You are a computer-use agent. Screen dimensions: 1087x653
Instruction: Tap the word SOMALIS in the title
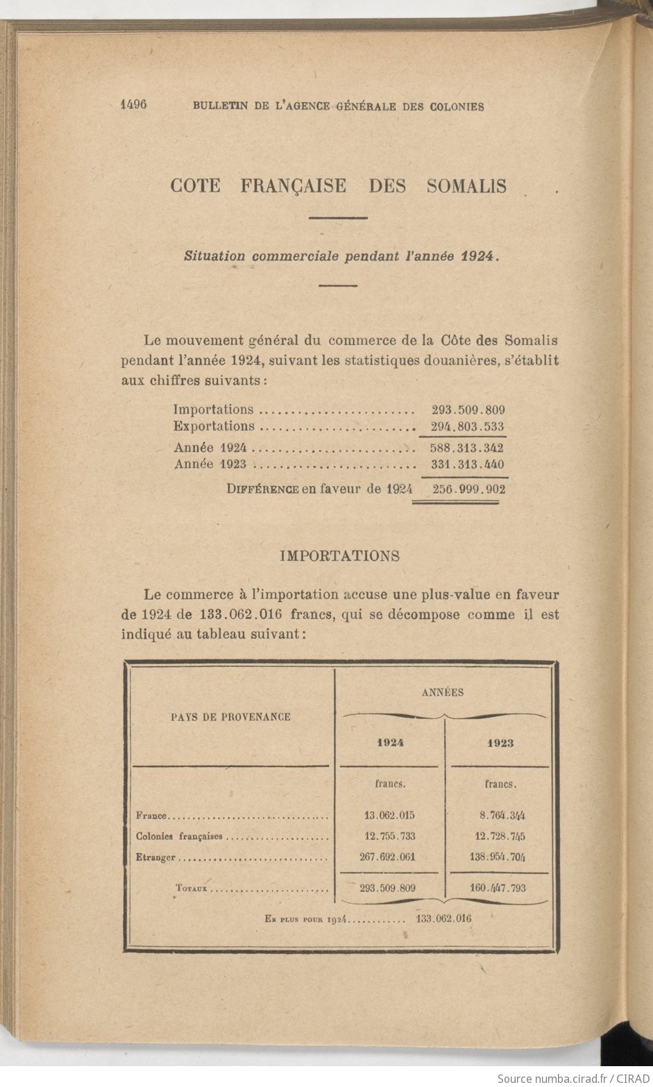(x=466, y=186)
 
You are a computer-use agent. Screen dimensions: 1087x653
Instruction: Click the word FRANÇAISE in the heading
(x=294, y=186)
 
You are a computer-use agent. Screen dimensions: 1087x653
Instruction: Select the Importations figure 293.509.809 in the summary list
(x=468, y=410)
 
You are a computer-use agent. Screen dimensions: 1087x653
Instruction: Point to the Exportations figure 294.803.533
(x=467, y=427)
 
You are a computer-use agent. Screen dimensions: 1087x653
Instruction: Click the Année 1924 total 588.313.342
(x=467, y=448)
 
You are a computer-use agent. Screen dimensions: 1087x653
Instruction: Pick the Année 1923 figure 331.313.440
(x=467, y=465)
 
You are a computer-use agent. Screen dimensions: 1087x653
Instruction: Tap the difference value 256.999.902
(x=468, y=489)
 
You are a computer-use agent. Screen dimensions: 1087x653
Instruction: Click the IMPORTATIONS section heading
(x=339, y=556)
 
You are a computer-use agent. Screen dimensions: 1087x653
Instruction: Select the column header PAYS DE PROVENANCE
(x=230, y=717)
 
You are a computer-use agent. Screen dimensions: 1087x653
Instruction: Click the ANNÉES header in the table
(x=443, y=692)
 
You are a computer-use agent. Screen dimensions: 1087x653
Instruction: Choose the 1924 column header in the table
(x=390, y=743)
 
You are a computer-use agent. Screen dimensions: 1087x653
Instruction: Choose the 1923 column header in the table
(x=500, y=743)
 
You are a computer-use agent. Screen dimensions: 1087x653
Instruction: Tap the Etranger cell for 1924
(x=387, y=857)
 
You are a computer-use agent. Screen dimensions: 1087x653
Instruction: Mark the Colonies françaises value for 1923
(x=498, y=836)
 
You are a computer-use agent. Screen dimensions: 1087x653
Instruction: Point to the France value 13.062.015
(x=389, y=816)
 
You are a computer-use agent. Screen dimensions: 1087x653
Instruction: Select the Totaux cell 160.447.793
(x=498, y=888)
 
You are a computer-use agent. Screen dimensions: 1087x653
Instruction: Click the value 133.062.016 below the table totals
(x=443, y=918)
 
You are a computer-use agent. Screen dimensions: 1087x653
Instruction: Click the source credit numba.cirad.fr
(x=573, y=1078)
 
